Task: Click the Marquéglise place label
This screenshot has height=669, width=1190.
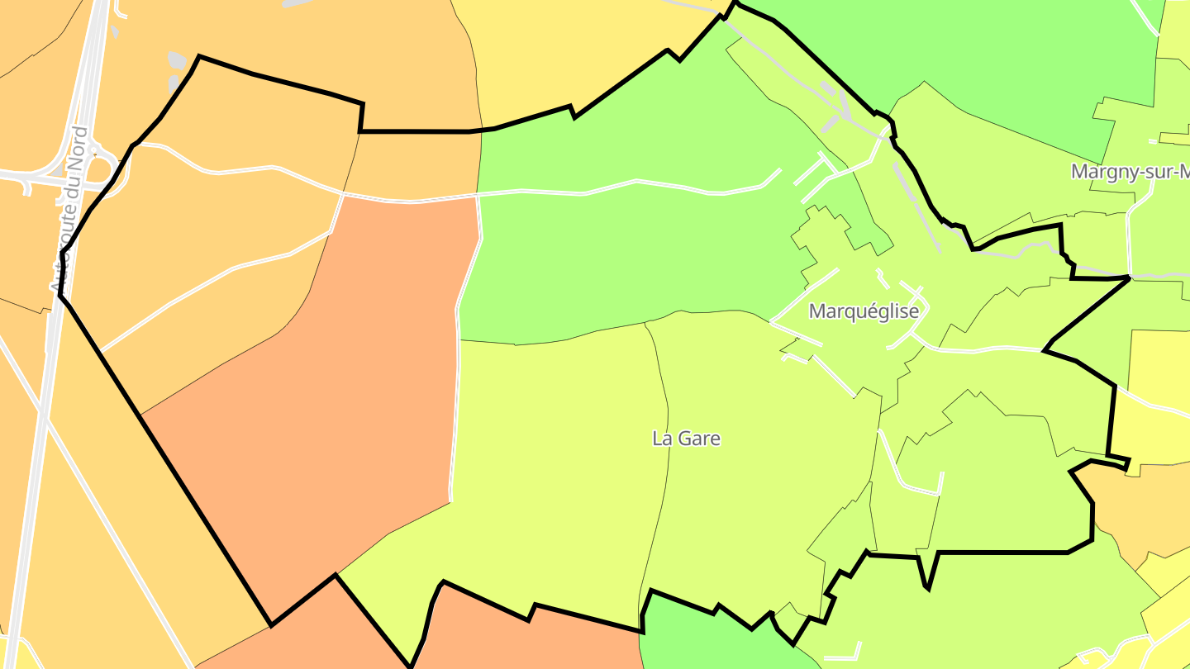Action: click(864, 311)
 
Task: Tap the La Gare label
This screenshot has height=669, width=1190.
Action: click(686, 439)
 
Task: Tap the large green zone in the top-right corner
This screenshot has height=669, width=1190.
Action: click(992, 50)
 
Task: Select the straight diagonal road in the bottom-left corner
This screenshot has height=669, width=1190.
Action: click(107, 512)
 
